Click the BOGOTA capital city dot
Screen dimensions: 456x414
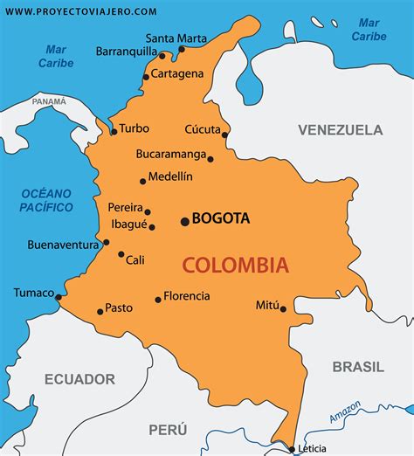(x=184, y=221)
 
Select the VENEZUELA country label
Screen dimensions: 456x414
(x=340, y=130)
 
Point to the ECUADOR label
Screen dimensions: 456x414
(x=79, y=379)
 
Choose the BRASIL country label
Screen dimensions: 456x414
(x=357, y=367)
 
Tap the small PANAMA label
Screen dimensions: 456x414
(x=49, y=102)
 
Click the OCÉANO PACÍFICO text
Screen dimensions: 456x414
(x=46, y=199)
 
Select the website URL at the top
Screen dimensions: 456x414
(x=81, y=11)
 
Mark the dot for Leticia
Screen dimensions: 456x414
(x=292, y=449)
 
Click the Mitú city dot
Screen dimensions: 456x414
(x=283, y=308)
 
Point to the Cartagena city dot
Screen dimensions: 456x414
(x=146, y=76)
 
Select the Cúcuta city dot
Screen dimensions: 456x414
(x=225, y=135)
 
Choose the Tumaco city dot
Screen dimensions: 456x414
(x=59, y=297)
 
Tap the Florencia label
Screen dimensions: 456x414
(x=186, y=296)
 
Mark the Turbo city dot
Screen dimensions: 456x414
(x=114, y=132)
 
